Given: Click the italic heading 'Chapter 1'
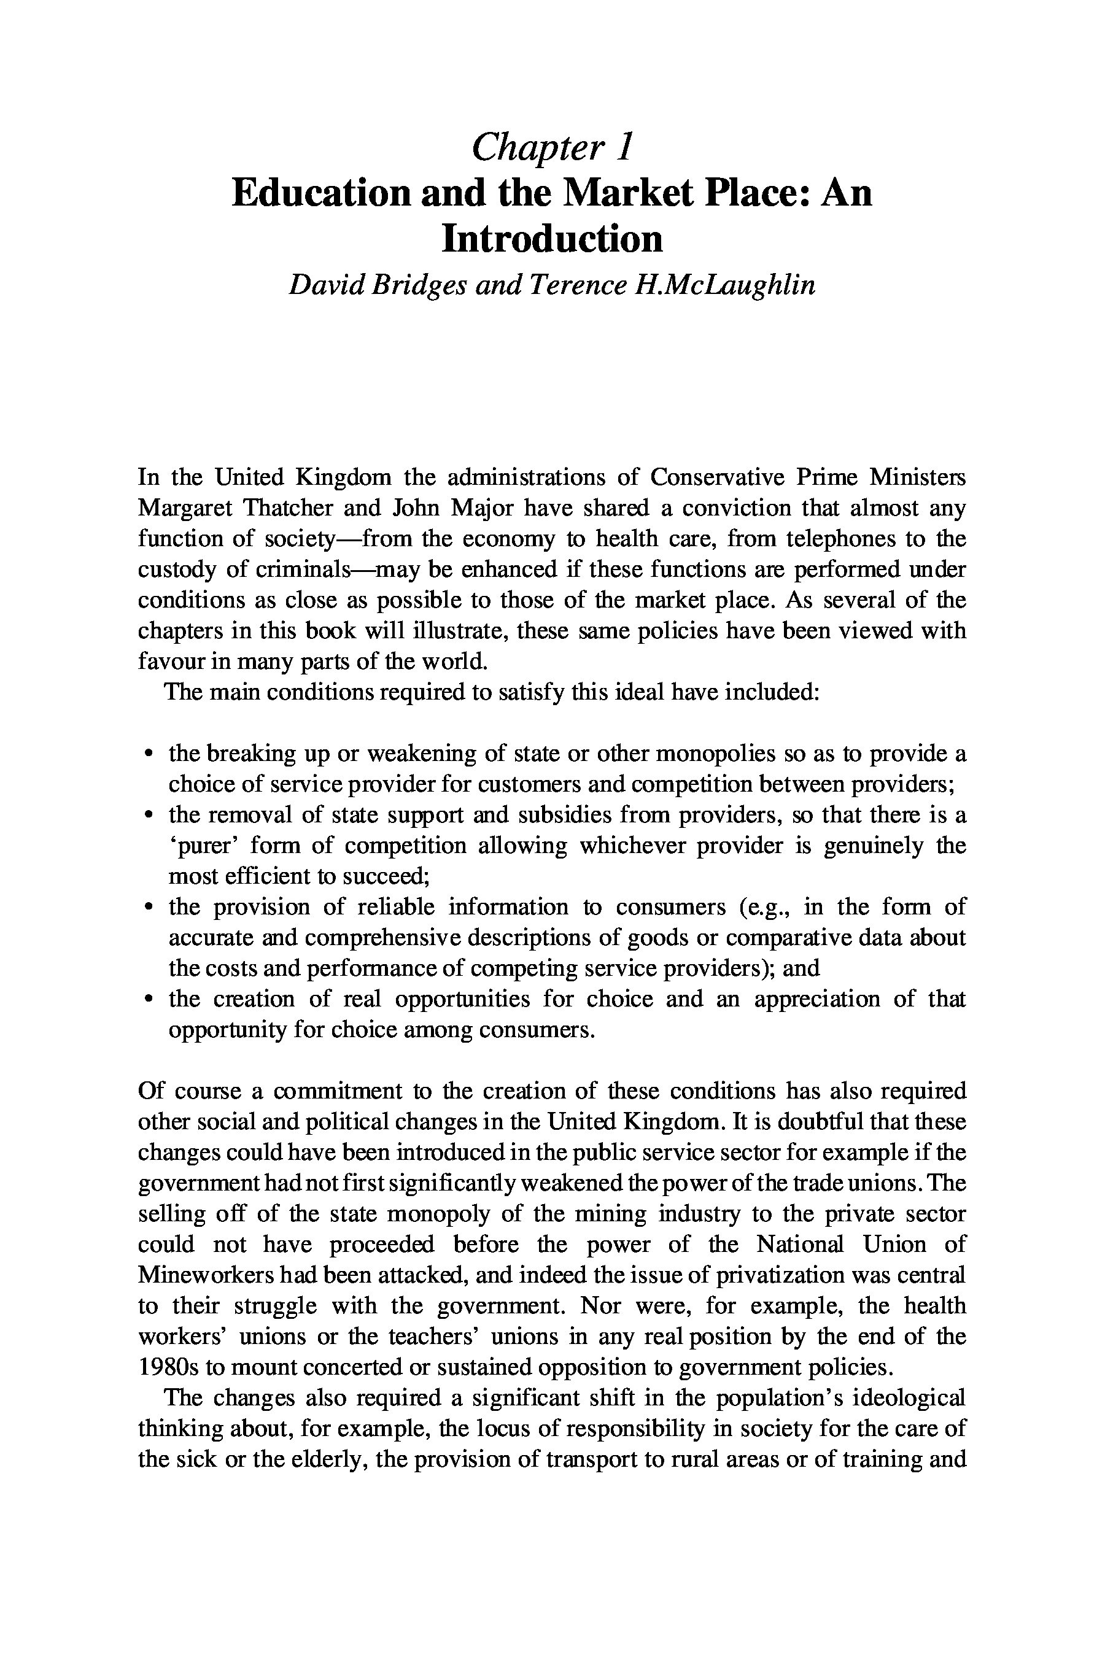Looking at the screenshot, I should pos(552,147).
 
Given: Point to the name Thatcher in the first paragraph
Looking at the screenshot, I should pos(287,508).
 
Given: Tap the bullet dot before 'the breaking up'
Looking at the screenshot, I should pos(148,754).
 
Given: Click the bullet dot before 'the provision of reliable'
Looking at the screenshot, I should pos(148,908).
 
